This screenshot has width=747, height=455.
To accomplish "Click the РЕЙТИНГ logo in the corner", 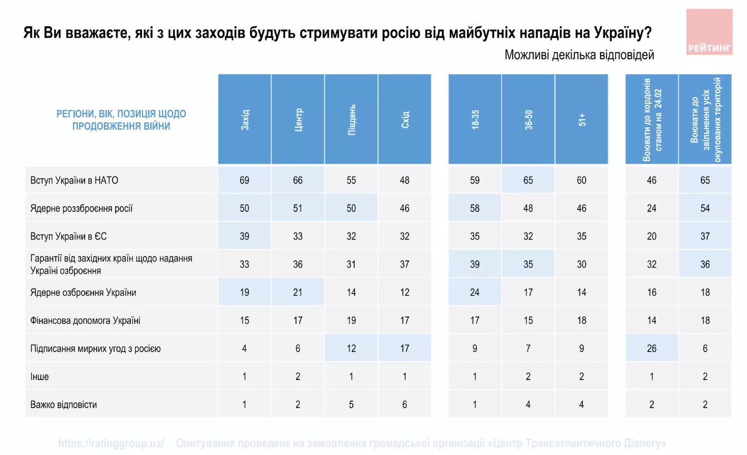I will coord(709,32).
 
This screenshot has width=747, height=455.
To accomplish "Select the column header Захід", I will coord(244,120).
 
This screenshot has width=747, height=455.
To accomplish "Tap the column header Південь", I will coord(351,120).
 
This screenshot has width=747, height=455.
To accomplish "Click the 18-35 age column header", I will coord(475,120).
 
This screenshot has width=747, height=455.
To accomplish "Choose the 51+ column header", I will coord(582,120).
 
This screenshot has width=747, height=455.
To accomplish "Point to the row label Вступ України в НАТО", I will coord(74,180).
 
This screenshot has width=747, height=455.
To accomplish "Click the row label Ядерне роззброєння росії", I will coord(81,209).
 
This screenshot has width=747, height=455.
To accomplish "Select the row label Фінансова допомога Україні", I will coord(85,320).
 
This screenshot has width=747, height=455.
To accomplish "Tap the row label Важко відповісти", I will coord(63,404).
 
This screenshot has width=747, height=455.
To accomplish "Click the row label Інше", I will coord(40,377).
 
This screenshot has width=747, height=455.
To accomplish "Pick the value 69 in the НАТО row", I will coord(244,180).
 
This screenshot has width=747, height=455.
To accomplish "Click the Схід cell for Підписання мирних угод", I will coord(405,348).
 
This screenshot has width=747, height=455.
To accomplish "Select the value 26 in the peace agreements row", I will coord(652,348).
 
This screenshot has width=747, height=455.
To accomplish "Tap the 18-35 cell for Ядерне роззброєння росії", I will coord(475,209).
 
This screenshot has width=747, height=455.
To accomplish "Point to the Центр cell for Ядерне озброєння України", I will coord(298,293).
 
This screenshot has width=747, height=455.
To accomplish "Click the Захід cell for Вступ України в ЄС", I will coord(244,236).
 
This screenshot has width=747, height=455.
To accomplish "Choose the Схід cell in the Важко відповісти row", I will coord(405,404).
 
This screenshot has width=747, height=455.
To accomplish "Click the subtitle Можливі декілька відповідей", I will coord(579,55).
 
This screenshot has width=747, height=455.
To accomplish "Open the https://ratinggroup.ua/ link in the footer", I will coord(111,443).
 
